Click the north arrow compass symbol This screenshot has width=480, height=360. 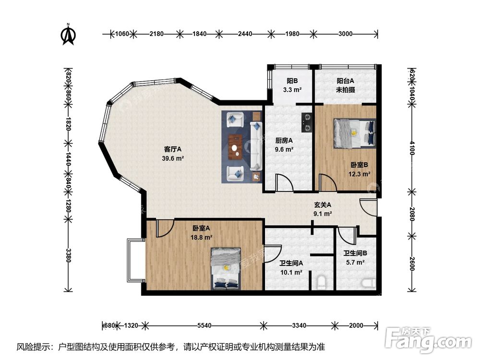click(68, 34)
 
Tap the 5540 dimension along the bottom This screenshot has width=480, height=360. click(204, 325)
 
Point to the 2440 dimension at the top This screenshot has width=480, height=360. click(245, 34)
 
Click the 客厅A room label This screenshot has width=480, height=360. click(173, 149)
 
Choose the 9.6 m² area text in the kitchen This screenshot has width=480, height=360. click(284, 149)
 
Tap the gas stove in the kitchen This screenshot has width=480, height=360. click(307, 122)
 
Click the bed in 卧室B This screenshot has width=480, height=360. click(355, 133)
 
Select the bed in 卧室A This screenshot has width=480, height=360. click(226, 268)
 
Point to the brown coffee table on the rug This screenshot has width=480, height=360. click(235, 147)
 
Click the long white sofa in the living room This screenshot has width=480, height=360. click(256, 146)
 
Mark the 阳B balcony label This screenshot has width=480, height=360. click(292, 81)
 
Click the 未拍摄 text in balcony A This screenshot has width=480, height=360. click(345, 90)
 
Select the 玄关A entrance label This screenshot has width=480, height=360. click(323, 205)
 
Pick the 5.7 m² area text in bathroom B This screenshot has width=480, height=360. click(355, 263)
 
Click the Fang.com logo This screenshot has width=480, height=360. click(428, 339)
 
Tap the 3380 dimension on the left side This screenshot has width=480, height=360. click(68, 255)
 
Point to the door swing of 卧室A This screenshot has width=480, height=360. click(165, 228)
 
